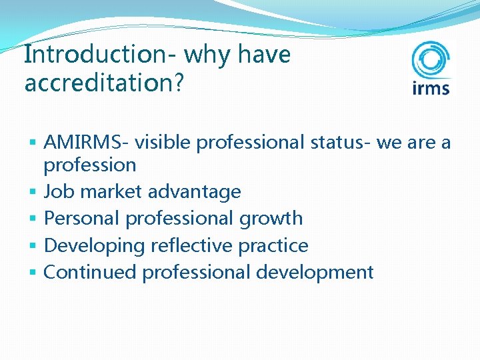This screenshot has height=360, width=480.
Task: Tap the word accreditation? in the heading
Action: coord(103,83)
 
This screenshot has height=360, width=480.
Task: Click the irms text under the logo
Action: coord(431,87)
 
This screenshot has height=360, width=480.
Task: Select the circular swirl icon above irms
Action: coord(430,61)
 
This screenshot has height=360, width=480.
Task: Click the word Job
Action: coord(57,192)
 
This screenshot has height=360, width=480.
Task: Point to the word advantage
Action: coord(195,192)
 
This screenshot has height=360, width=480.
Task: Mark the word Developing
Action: coord(94,245)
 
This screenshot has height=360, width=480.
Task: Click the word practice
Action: coord(273,245)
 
